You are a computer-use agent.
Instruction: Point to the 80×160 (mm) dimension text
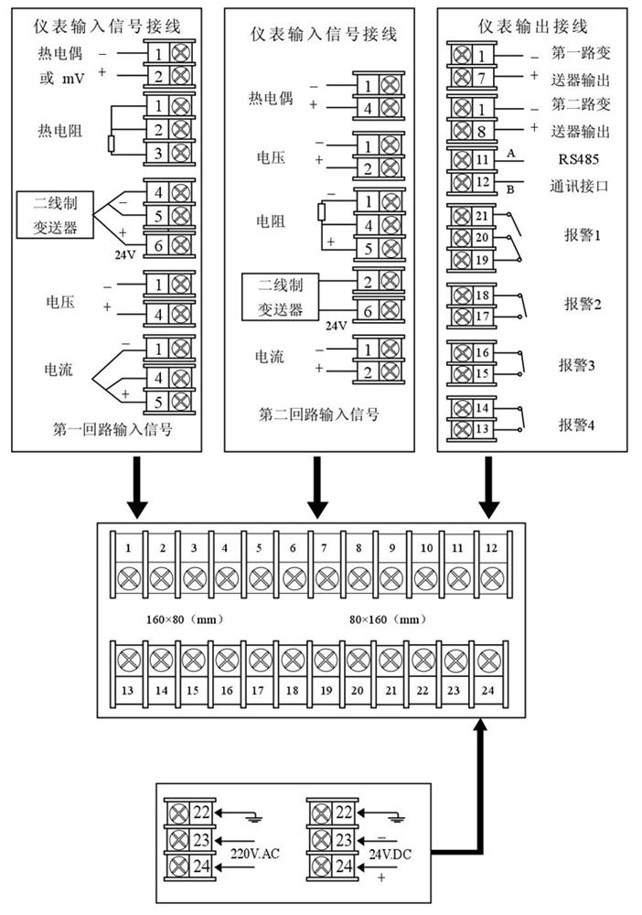coord(388,619)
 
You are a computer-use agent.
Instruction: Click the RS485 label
coord(572,157)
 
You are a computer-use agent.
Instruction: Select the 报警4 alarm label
coord(578,424)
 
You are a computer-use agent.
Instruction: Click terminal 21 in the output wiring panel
coord(483,216)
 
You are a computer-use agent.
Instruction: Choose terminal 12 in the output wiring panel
coord(483,181)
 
